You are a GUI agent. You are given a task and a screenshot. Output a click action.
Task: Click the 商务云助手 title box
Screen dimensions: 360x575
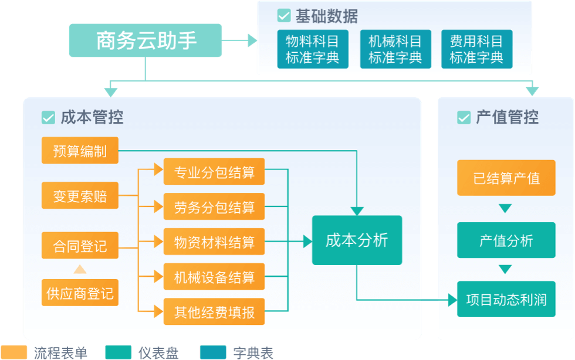click(x=146, y=40)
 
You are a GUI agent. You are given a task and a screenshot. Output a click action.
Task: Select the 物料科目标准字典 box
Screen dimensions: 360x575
click(x=312, y=49)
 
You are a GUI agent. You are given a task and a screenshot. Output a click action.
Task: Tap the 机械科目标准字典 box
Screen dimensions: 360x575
click(x=395, y=49)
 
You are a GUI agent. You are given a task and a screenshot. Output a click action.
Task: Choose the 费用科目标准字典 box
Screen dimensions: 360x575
click(x=476, y=49)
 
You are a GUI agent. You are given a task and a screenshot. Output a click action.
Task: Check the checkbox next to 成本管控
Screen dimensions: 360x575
click(x=48, y=117)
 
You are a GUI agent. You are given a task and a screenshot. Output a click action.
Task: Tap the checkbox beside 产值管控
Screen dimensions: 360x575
click(x=464, y=117)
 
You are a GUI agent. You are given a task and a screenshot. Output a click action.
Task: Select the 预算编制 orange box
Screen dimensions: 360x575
click(x=80, y=151)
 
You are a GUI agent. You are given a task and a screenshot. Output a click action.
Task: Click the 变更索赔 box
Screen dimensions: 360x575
click(x=80, y=196)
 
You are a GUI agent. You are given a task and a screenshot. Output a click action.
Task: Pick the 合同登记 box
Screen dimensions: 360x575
click(x=80, y=245)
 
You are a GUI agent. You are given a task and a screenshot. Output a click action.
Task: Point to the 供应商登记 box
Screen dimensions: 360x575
click(x=80, y=293)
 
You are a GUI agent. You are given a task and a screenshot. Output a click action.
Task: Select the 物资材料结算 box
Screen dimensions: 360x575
click(x=214, y=242)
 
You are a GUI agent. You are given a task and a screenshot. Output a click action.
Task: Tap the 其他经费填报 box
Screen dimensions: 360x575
click(x=214, y=312)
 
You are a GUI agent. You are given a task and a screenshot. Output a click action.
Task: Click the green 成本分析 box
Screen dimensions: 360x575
click(x=357, y=240)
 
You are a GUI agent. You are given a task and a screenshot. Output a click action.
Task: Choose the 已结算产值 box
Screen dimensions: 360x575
click(x=506, y=178)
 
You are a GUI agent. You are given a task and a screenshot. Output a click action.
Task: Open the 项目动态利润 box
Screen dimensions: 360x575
click(x=506, y=300)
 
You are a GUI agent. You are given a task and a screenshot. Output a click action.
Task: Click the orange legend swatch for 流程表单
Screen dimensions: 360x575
click(x=14, y=352)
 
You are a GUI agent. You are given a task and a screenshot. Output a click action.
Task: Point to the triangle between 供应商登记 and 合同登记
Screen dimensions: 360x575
click(x=80, y=269)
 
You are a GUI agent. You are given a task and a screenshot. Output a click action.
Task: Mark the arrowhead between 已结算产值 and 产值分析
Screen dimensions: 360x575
click(x=505, y=209)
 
